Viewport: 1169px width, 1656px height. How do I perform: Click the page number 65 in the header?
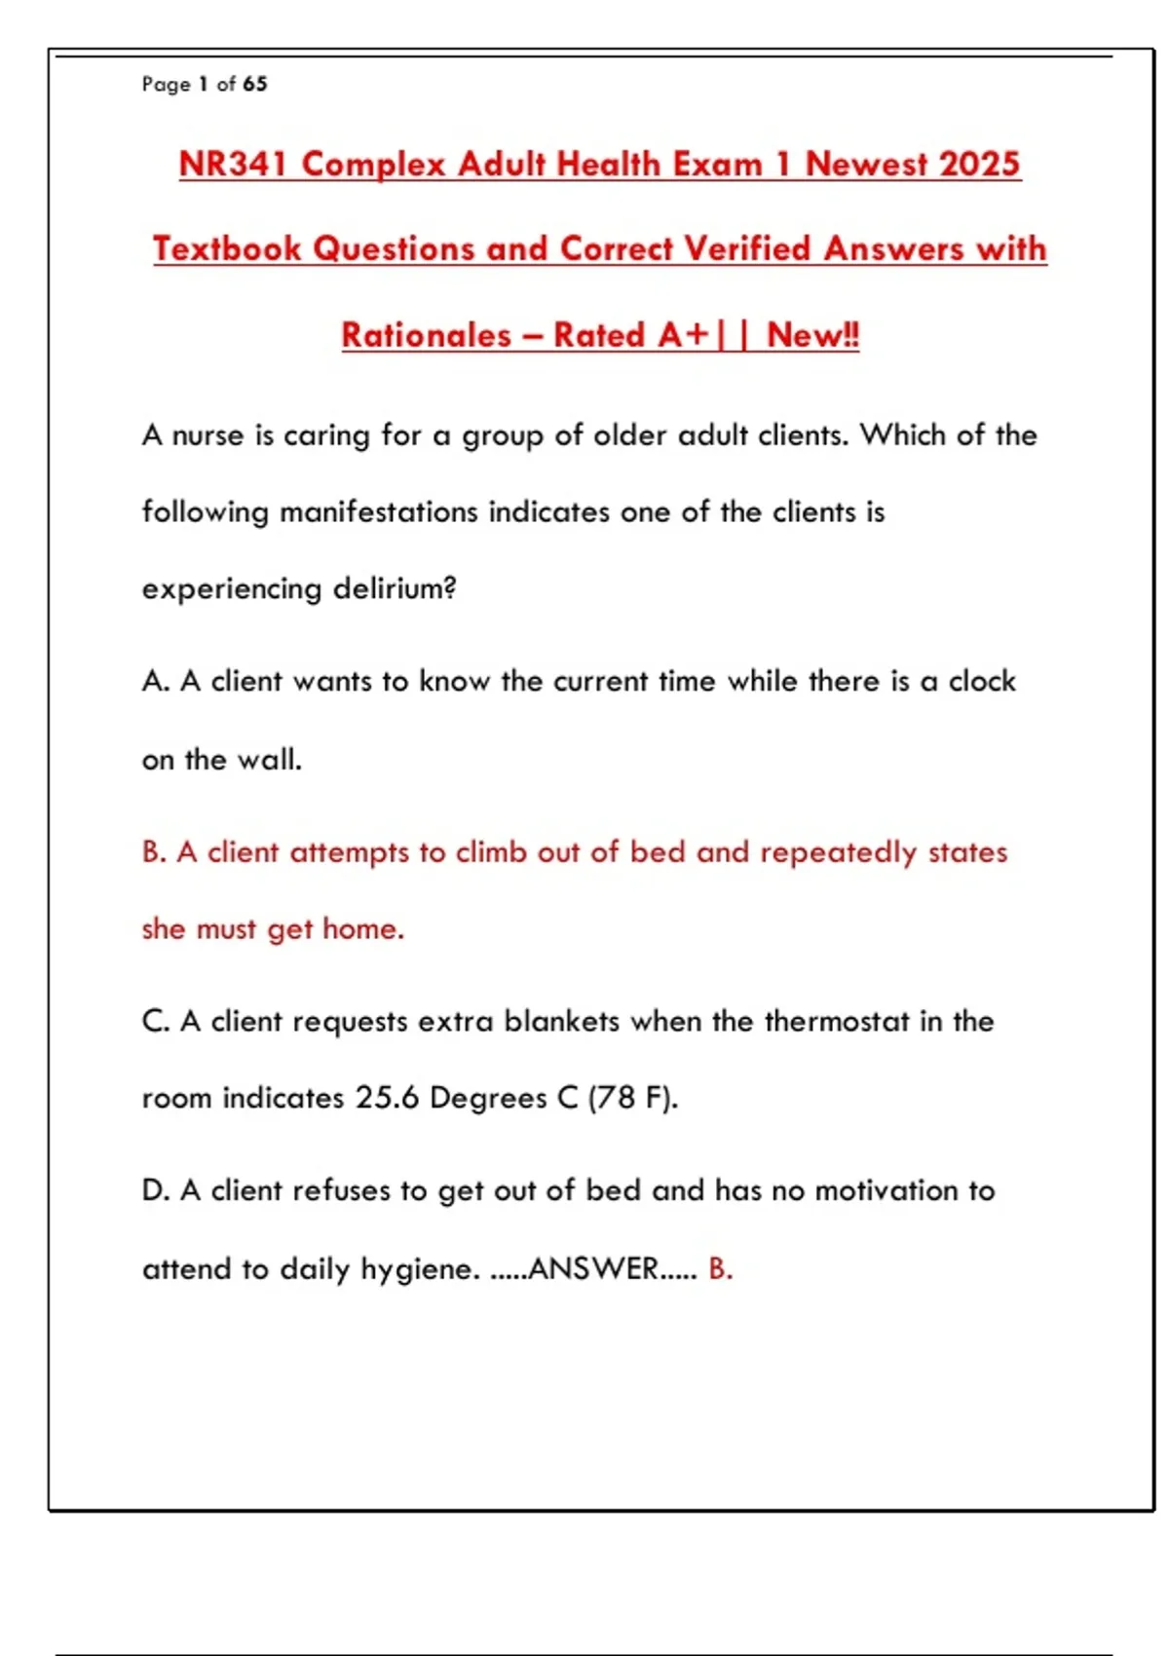pyautogui.click(x=255, y=84)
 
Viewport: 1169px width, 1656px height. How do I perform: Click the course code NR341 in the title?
pyautogui.click(x=233, y=164)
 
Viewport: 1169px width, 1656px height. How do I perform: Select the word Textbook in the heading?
pyautogui.click(x=227, y=248)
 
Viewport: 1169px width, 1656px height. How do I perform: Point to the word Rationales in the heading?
pyautogui.click(x=426, y=335)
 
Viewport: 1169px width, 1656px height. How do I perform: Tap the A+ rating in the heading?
pyautogui.click(x=684, y=335)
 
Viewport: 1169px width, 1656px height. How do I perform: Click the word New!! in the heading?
pyautogui.click(x=812, y=335)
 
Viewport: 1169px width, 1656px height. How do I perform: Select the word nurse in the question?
pyautogui.click(x=208, y=435)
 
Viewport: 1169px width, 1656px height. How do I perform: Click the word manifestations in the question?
pyautogui.click(x=379, y=512)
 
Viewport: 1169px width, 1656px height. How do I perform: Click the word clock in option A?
pyautogui.click(x=982, y=681)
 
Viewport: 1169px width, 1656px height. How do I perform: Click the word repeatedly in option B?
pyautogui.click(x=839, y=852)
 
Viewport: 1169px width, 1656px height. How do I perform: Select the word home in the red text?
pyautogui.click(x=362, y=929)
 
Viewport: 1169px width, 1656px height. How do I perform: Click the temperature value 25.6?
pyautogui.click(x=387, y=1098)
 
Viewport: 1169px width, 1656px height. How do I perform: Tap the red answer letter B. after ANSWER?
pyautogui.click(x=720, y=1269)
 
